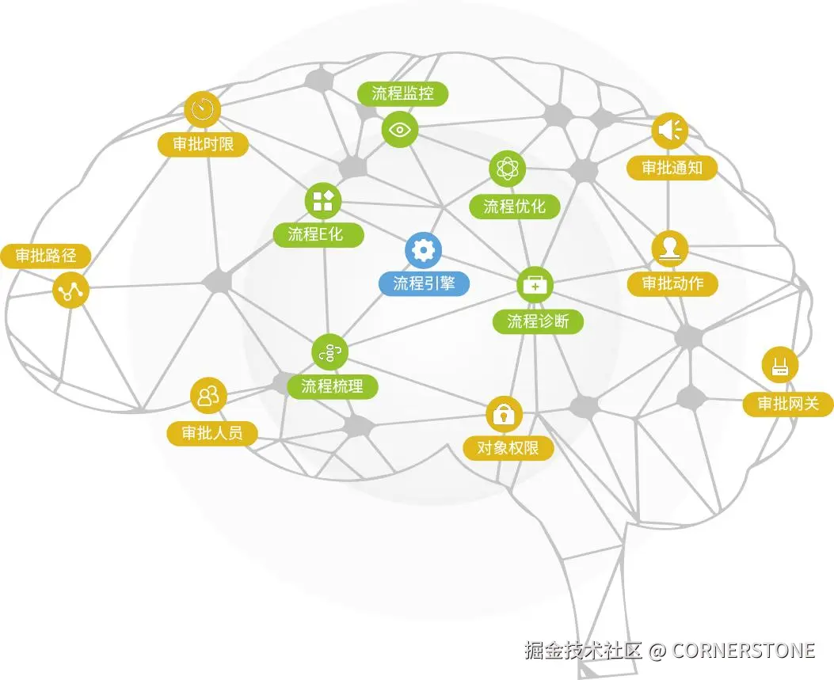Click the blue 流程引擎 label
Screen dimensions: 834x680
click(424, 283)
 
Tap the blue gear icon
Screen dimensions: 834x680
click(424, 250)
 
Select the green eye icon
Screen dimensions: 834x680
click(400, 129)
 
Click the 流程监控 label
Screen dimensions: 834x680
click(402, 93)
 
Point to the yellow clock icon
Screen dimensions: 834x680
click(203, 109)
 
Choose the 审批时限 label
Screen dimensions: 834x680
click(204, 144)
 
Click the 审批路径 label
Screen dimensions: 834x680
click(46, 256)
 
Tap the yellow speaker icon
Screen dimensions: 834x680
click(670, 131)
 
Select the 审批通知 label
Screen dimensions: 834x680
click(672, 168)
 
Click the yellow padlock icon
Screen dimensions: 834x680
click(505, 414)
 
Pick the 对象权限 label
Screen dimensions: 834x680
click(508, 448)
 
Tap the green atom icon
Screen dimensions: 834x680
click(508, 169)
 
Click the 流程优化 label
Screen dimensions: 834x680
click(514, 207)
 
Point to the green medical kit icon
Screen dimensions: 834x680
click(535, 285)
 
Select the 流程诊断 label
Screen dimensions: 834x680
click(538, 321)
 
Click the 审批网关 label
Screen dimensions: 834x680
click(788, 404)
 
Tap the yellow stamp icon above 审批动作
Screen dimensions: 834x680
click(670, 249)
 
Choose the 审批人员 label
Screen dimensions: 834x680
click(212, 433)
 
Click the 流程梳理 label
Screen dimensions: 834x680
click(333, 386)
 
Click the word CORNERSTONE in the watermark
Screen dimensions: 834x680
click(744, 650)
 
